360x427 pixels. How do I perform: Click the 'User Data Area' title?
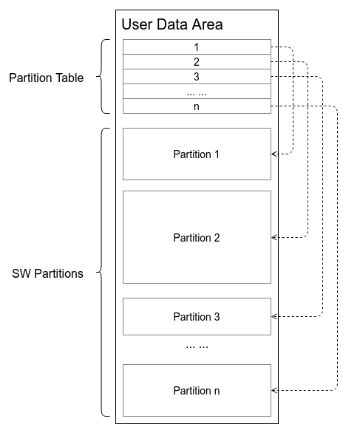point(171,24)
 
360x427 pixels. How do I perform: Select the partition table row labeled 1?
point(197,47)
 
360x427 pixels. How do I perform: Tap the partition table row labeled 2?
point(197,61)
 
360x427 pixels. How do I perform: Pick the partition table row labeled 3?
point(197,76)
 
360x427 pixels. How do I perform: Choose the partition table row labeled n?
point(197,106)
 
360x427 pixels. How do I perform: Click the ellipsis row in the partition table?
point(197,92)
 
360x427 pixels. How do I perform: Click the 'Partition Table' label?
point(46,77)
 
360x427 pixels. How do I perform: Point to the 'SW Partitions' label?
point(47,273)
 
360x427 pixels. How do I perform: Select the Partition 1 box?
point(197,154)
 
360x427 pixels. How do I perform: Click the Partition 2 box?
point(197,237)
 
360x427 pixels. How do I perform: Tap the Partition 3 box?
point(197,316)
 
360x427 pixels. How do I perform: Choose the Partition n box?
point(197,390)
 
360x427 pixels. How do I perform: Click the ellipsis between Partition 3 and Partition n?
point(197,345)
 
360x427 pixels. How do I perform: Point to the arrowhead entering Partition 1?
point(275,154)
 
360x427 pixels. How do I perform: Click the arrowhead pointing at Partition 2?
point(275,237)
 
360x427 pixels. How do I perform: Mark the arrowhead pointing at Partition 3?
point(275,316)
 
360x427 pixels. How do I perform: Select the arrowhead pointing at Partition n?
point(275,389)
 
